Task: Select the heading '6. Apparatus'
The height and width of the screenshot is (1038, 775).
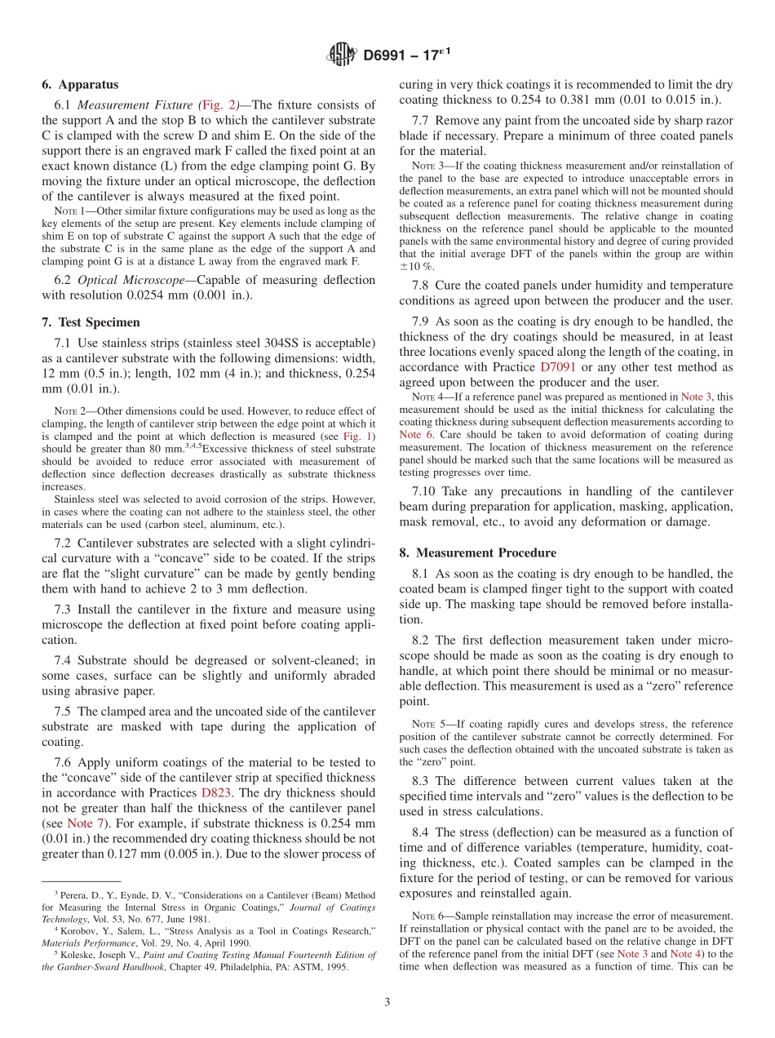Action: (x=80, y=85)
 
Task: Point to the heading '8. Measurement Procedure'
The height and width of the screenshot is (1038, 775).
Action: (x=477, y=552)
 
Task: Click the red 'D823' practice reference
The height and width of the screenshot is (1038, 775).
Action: (x=216, y=792)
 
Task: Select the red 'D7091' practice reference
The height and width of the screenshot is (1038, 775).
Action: (x=560, y=367)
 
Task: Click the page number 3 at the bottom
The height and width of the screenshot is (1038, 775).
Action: (x=387, y=1003)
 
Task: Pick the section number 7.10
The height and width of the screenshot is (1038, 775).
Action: (x=428, y=491)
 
